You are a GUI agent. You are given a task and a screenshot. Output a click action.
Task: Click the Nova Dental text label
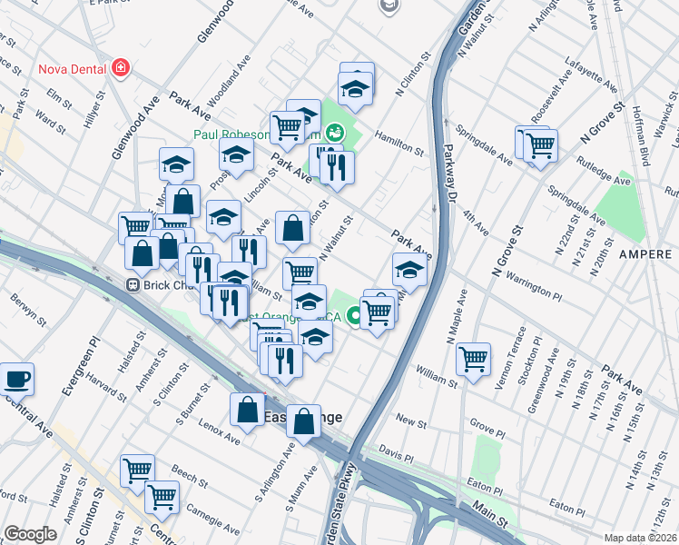pyautogui.click(x=72, y=68)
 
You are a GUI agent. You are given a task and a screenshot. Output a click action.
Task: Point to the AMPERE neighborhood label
pyautogui.click(x=645, y=254)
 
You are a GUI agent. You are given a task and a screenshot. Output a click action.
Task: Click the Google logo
pyautogui.click(x=30, y=533)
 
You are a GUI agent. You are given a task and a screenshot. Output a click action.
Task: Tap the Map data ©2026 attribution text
pyautogui.click(x=641, y=538)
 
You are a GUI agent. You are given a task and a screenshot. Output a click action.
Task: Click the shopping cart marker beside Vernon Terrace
pyautogui.click(x=473, y=360)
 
